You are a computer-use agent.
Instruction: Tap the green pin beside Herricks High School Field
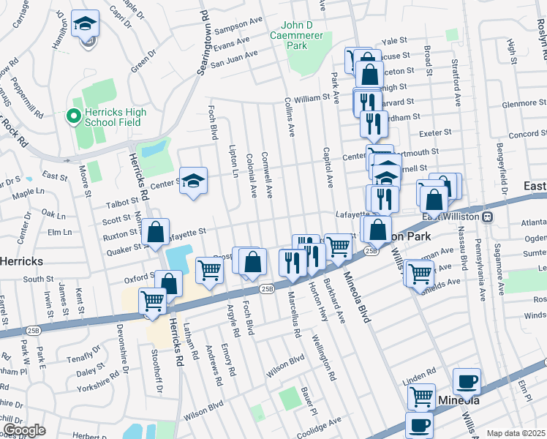[x=73, y=116]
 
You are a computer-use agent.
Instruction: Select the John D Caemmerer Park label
[x=301, y=34]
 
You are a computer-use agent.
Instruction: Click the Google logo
[x=24, y=430]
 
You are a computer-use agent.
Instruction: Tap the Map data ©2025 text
[x=516, y=433]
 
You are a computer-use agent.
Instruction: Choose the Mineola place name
[x=459, y=400]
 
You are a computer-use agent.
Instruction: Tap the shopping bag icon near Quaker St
[x=156, y=232]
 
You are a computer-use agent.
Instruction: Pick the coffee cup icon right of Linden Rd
[x=467, y=381]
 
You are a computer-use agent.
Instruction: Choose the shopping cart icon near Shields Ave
[x=420, y=273]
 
